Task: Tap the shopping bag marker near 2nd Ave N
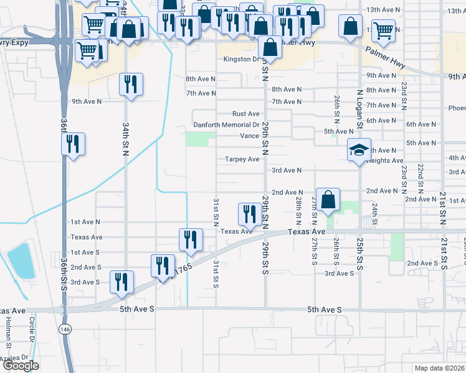click(x=328, y=200)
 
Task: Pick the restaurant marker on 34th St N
click(x=131, y=85)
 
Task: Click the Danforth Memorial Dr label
click(x=226, y=125)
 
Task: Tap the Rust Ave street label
click(x=245, y=114)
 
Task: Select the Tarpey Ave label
click(x=242, y=159)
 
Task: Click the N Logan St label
click(x=360, y=108)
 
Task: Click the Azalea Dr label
click(x=14, y=358)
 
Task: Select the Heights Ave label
click(x=386, y=160)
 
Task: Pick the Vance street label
click(x=249, y=136)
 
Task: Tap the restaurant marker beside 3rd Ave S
click(x=121, y=282)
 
